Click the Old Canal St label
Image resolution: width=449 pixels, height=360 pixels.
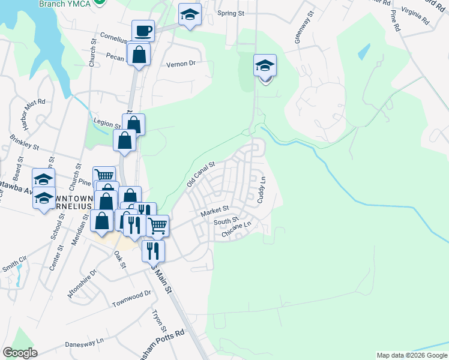pos(200,174)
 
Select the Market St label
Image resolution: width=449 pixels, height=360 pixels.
pos(215,211)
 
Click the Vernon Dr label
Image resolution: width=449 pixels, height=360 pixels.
pos(181,63)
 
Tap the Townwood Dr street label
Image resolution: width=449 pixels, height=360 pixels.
pos(131,298)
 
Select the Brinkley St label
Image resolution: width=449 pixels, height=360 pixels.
pos(25,142)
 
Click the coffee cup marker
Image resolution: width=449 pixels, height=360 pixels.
pos(143,31)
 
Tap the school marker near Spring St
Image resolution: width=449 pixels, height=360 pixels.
pos(190,15)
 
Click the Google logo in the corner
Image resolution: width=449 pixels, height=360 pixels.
pos(20,352)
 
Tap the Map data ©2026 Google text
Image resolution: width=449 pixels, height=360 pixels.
pos(411,355)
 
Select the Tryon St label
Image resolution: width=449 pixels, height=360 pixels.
pos(158,321)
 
